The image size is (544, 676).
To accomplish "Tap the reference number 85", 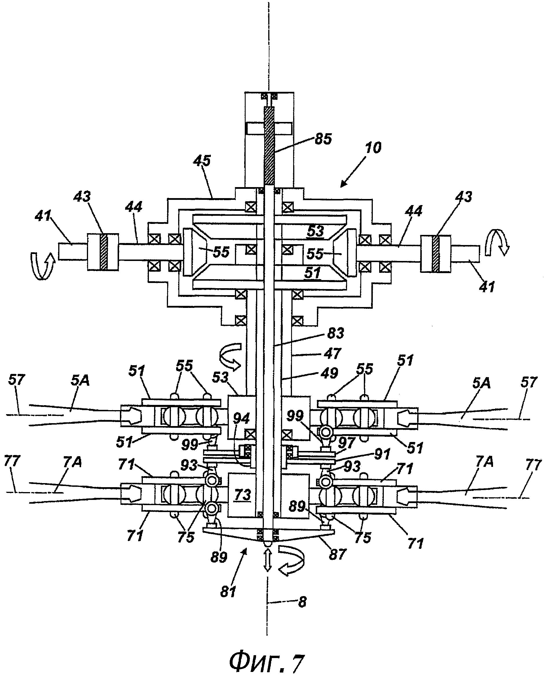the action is (323, 138).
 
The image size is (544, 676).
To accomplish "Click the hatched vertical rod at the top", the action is (269, 145).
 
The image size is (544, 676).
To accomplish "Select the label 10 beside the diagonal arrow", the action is (373, 147).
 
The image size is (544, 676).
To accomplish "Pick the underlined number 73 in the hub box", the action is (242, 494).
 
